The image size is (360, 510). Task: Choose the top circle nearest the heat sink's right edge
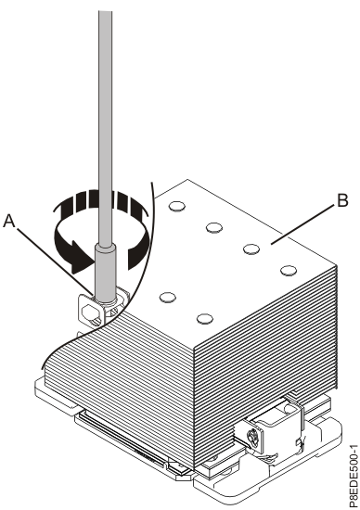pos(288,270)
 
